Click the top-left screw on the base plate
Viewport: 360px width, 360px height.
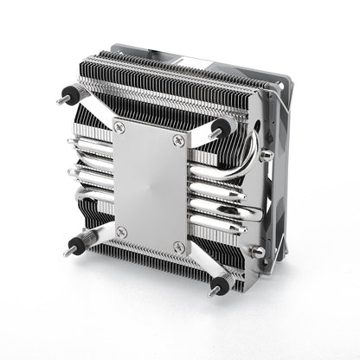[120, 127]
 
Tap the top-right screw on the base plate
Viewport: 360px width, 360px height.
[180, 141]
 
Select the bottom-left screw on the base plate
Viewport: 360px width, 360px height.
[121, 231]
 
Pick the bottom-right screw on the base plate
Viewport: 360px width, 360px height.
[178, 247]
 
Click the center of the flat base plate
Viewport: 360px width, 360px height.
[150, 186]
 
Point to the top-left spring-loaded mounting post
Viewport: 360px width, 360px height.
[69, 95]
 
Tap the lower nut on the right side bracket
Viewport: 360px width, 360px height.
[256, 252]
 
